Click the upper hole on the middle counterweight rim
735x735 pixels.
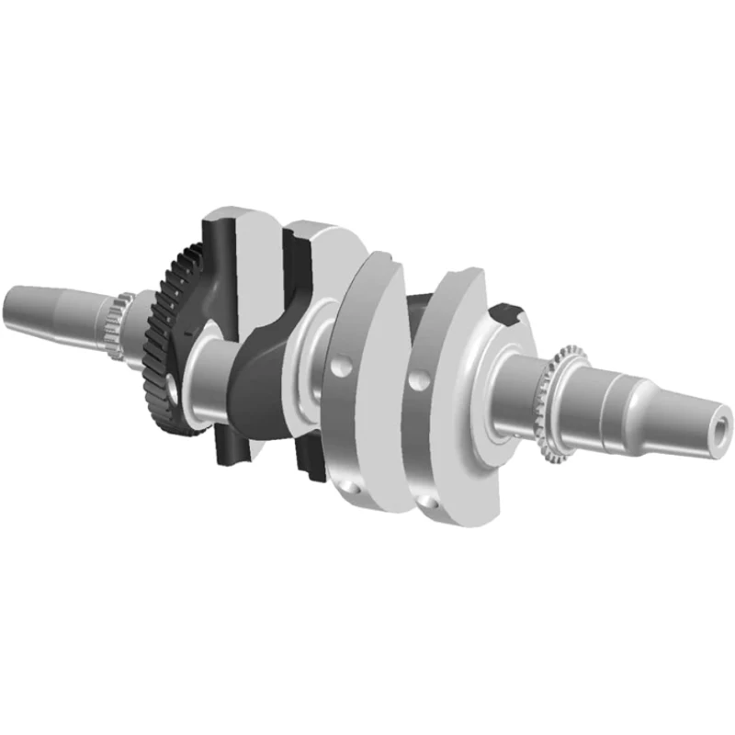340,367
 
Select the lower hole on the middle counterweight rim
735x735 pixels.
354,489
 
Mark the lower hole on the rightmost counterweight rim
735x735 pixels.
428,501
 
